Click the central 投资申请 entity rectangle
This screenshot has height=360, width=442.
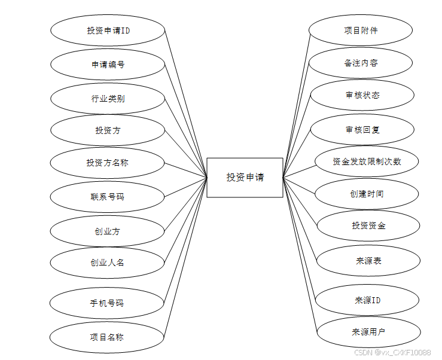click(x=245, y=178)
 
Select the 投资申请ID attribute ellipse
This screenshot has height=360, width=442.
click(x=108, y=30)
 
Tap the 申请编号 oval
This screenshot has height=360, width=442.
click(x=108, y=65)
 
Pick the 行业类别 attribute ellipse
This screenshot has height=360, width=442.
click(x=108, y=99)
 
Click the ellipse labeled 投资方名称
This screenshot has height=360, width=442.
click(x=107, y=163)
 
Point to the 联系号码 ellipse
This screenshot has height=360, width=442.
click(x=107, y=196)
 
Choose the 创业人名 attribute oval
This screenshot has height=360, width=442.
click(x=107, y=262)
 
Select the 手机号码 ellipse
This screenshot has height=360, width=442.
click(x=107, y=303)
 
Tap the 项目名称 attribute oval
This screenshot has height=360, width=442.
click(x=107, y=337)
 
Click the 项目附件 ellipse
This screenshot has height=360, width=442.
click(x=361, y=30)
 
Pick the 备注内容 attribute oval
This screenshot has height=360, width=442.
click(x=361, y=63)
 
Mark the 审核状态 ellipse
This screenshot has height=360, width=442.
click(x=362, y=95)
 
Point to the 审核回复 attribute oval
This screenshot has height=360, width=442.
click(x=362, y=129)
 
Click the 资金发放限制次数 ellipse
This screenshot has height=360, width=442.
click(x=367, y=161)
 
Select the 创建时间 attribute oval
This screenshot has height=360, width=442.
click(x=367, y=194)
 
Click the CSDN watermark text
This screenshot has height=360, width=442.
click(x=392, y=353)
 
